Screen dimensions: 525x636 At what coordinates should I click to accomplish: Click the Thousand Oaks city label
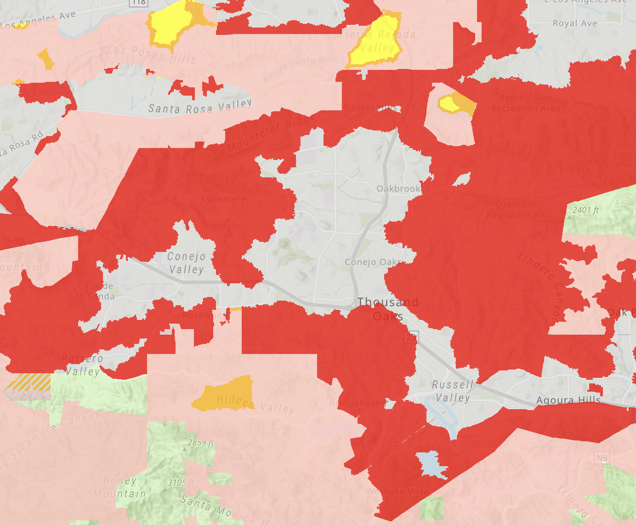(388, 309)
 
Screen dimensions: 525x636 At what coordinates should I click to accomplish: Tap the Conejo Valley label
(186, 263)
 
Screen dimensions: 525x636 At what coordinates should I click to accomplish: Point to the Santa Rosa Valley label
(200, 107)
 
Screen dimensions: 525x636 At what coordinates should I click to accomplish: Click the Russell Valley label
(453, 391)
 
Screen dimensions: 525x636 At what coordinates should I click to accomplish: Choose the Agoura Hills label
(568, 400)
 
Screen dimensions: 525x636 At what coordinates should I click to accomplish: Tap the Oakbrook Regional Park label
(516, 209)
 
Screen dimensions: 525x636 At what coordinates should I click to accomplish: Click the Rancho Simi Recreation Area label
(526, 103)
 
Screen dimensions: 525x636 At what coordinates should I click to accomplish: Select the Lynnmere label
(224, 199)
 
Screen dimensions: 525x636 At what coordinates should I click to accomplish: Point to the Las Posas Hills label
(152, 54)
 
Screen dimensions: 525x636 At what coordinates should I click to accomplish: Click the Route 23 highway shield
(411, 337)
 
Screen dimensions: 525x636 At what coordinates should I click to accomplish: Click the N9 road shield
(602, 458)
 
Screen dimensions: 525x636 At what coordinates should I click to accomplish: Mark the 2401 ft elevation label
(585, 211)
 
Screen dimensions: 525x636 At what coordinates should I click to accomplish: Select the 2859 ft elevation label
(200, 443)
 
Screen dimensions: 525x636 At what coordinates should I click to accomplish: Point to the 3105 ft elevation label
(181, 483)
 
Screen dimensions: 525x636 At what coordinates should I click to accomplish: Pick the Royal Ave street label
(575, 23)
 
